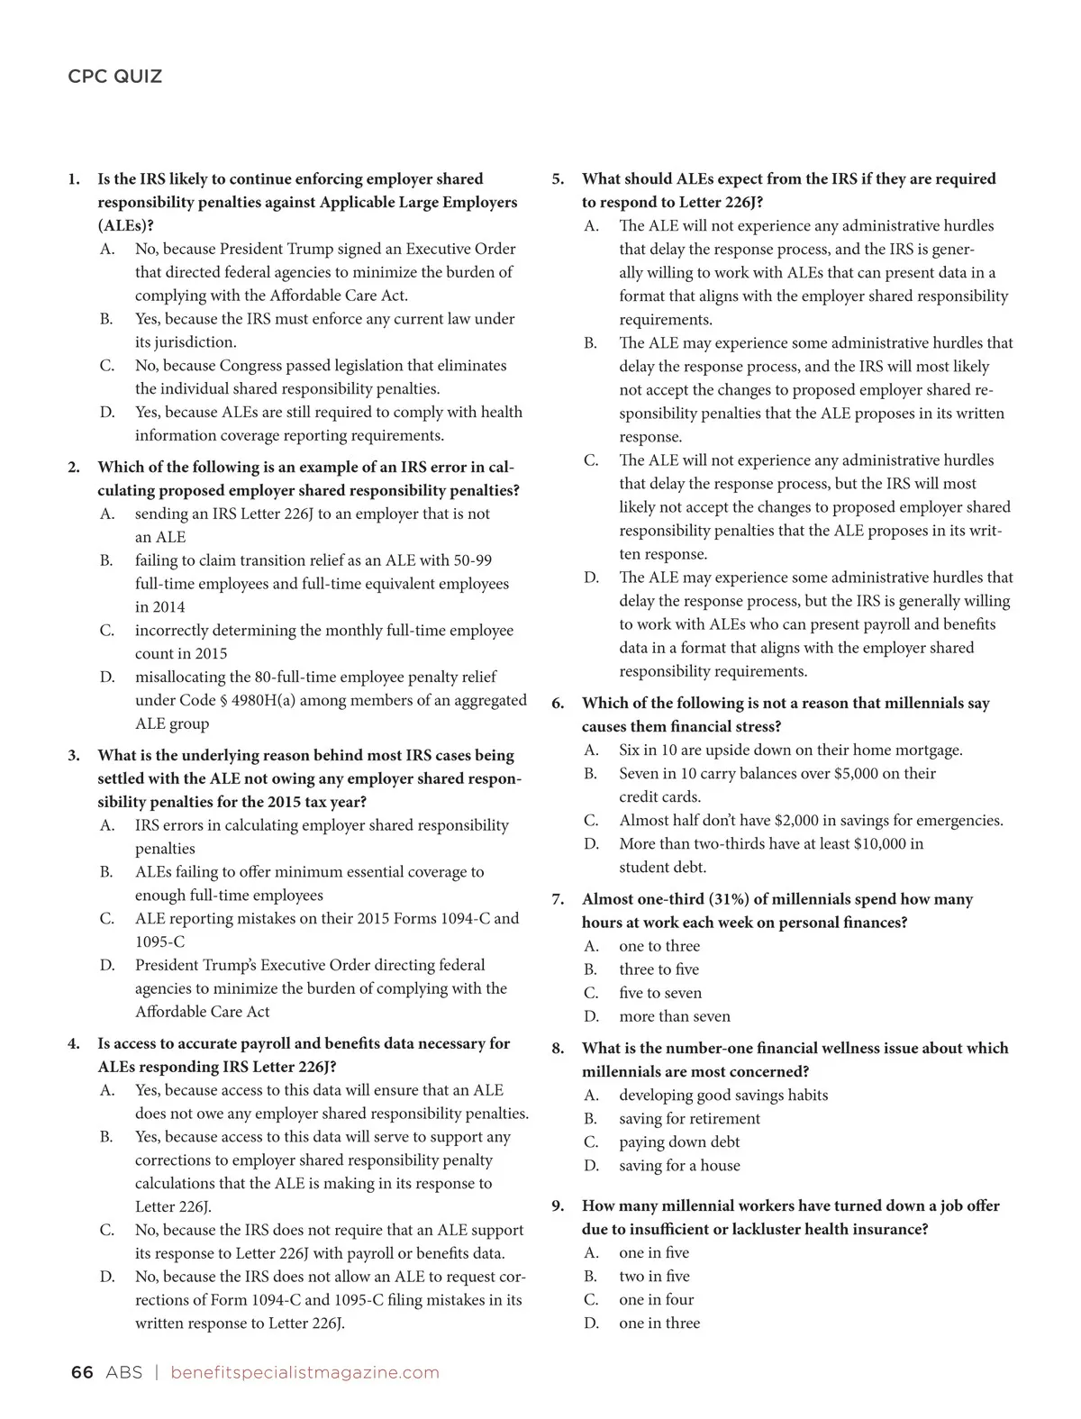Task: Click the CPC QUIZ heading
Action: [115, 77]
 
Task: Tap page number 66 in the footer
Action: [82, 1372]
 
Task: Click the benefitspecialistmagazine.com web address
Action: [304, 1372]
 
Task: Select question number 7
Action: [559, 899]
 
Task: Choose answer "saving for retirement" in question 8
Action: [689, 1119]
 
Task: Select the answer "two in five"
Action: [654, 1277]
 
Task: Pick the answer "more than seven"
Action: [675, 1016]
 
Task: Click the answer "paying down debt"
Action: [679, 1142]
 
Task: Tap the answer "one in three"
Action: [659, 1323]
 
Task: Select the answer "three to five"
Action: [659, 969]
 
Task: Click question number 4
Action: [74, 1044]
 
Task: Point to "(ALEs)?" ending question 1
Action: [125, 226]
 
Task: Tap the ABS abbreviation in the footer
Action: [123, 1372]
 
